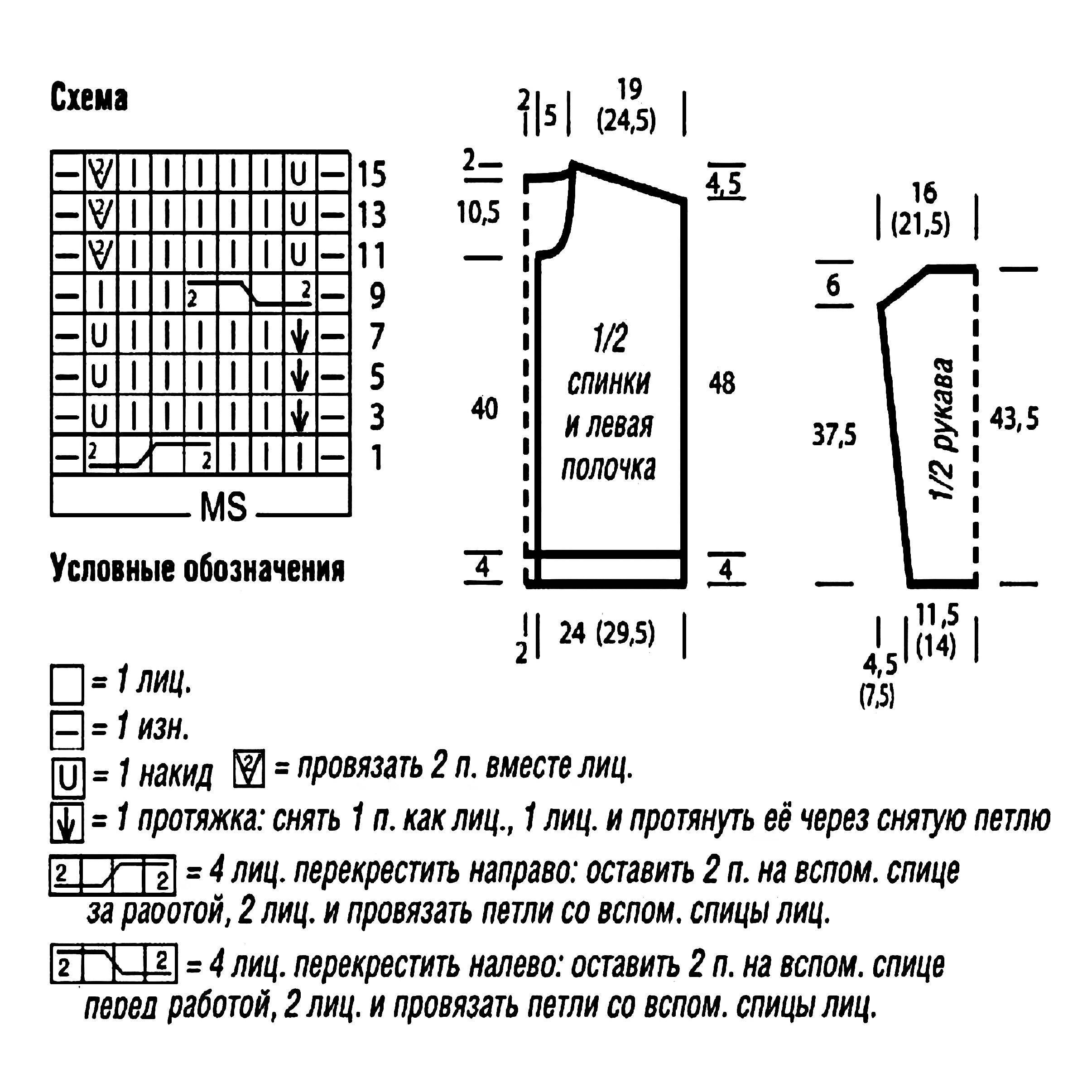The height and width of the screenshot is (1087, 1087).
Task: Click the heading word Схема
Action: coord(89,98)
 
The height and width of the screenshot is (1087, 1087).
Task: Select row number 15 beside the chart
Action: coord(372,174)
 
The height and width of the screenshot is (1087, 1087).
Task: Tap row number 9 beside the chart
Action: coord(377,295)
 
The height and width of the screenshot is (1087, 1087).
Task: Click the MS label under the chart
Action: coord(223,506)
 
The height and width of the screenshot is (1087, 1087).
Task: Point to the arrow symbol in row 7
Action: coord(299,337)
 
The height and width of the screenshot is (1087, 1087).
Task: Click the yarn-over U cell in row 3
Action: coord(99,417)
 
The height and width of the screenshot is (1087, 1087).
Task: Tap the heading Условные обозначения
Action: coord(197,569)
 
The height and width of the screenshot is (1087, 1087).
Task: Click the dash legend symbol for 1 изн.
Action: coord(67,730)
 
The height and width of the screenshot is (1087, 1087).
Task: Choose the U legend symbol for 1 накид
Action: coord(67,778)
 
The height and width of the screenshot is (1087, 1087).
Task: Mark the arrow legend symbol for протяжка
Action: coord(67,822)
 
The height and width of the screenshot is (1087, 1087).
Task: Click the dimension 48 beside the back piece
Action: coord(722,383)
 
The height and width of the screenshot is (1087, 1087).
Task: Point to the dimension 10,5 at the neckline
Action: coord(478,213)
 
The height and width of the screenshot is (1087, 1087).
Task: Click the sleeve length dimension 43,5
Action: coord(1014,418)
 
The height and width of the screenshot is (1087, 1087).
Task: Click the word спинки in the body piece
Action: coord(609,383)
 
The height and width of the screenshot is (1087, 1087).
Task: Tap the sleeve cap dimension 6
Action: coord(833,285)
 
